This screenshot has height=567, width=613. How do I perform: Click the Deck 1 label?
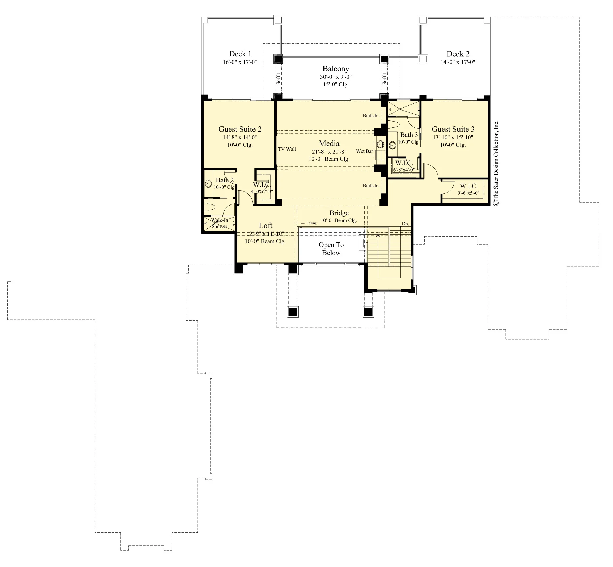(240, 54)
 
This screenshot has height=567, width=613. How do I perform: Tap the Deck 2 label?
(458, 54)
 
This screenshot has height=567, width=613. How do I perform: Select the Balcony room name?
(336, 69)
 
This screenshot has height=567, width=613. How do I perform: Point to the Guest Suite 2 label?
(240, 129)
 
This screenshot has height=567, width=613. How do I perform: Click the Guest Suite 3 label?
(453, 129)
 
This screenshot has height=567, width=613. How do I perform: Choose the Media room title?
(329, 143)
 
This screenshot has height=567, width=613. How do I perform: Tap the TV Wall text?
(287, 149)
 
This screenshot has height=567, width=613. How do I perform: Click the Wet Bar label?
(365, 151)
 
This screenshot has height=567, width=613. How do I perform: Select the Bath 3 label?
(409, 135)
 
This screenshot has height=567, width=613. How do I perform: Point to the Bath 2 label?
(225, 180)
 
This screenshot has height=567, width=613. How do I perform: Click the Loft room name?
(265, 225)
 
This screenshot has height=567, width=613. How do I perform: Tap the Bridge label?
(339, 213)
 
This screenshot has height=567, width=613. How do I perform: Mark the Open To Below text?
(331, 249)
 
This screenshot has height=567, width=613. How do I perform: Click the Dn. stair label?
(405, 224)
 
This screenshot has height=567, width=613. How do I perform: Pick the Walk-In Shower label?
(219, 223)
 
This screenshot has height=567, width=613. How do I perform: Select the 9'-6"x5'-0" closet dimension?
(469, 193)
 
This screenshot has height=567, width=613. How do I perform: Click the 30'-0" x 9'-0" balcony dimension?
(336, 77)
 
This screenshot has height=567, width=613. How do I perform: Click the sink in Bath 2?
(208, 184)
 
